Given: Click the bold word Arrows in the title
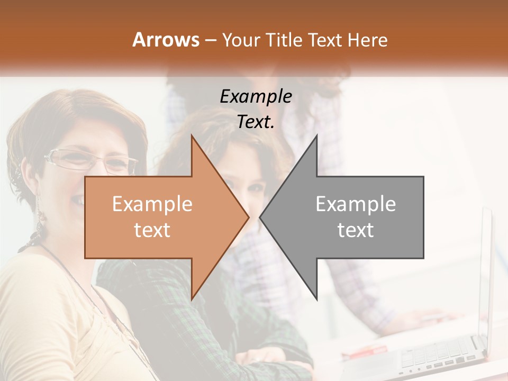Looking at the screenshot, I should [166, 40].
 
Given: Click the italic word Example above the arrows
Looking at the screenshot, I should [256, 96].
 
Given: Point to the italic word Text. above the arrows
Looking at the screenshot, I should [256, 122].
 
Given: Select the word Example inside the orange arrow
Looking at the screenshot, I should [152, 204].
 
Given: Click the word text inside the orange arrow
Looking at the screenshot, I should [152, 230].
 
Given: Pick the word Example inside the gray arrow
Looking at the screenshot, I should [356, 204].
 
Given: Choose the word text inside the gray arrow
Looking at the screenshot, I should [356, 230].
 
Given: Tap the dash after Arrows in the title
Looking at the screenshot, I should [210, 40].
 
